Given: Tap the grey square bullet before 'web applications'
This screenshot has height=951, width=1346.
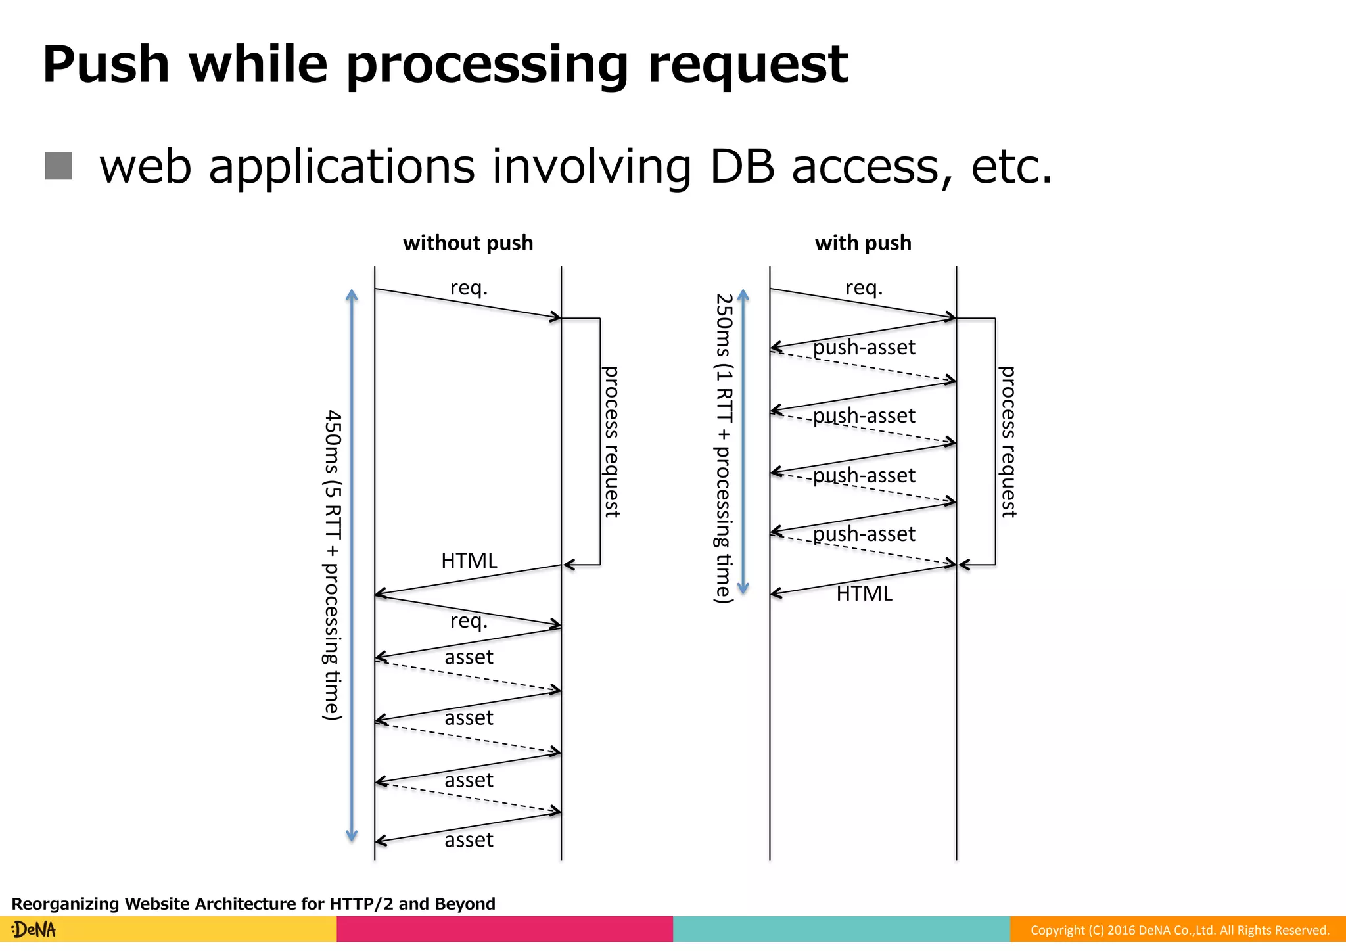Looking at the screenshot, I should (x=58, y=166).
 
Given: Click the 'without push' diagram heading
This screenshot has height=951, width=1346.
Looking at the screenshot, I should (x=468, y=243).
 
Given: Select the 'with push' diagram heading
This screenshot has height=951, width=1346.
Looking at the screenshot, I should (x=863, y=243).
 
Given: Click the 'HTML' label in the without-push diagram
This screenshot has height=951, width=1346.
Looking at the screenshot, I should (x=469, y=561).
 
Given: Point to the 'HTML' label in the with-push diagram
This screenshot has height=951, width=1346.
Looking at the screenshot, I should (x=864, y=593).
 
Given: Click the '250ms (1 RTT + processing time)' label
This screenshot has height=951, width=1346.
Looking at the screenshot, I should (x=724, y=448).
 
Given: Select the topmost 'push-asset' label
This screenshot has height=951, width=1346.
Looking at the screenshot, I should (x=864, y=347).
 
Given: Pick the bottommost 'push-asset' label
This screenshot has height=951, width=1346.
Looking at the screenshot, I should (x=864, y=534).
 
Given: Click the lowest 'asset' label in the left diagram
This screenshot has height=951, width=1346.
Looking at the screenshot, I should (x=469, y=840).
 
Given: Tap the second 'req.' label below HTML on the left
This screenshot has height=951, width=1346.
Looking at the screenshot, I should (x=469, y=620).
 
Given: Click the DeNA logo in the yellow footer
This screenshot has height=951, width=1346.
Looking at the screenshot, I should (x=34, y=929).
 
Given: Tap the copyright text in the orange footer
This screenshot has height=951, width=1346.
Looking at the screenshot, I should (x=1179, y=930).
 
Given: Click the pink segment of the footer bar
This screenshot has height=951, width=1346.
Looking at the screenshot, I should (x=505, y=929).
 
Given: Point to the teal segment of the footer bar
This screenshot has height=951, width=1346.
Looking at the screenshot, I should (x=841, y=929).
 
